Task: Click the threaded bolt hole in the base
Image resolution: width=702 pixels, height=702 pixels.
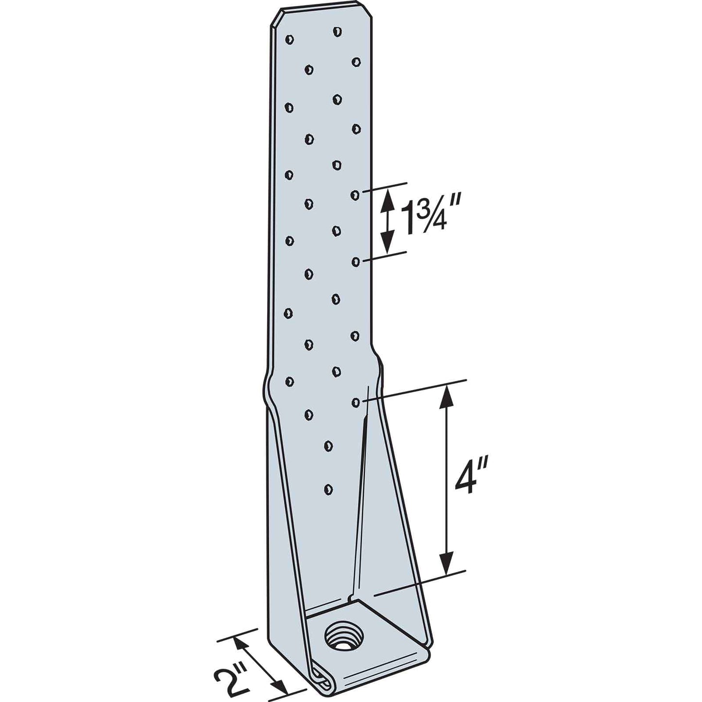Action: point(340,636)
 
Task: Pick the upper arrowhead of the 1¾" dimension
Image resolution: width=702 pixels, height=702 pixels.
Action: point(387,197)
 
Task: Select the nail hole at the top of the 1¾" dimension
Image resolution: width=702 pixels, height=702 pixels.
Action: point(355,195)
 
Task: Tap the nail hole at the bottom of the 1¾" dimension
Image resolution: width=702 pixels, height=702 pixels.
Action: point(356,262)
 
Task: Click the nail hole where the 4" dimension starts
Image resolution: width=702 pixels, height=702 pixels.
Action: point(356,402)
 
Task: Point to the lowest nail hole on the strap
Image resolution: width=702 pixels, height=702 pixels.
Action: point(328,488)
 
